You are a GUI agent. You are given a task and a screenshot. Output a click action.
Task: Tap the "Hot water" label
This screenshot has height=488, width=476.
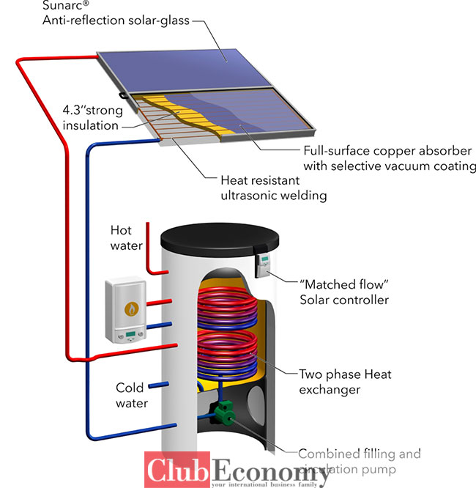pos(126,238)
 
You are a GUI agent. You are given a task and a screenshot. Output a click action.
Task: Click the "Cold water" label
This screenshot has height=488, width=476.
pos(132,395)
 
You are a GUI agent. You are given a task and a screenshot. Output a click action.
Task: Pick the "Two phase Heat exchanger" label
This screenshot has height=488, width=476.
pos(345,382)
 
